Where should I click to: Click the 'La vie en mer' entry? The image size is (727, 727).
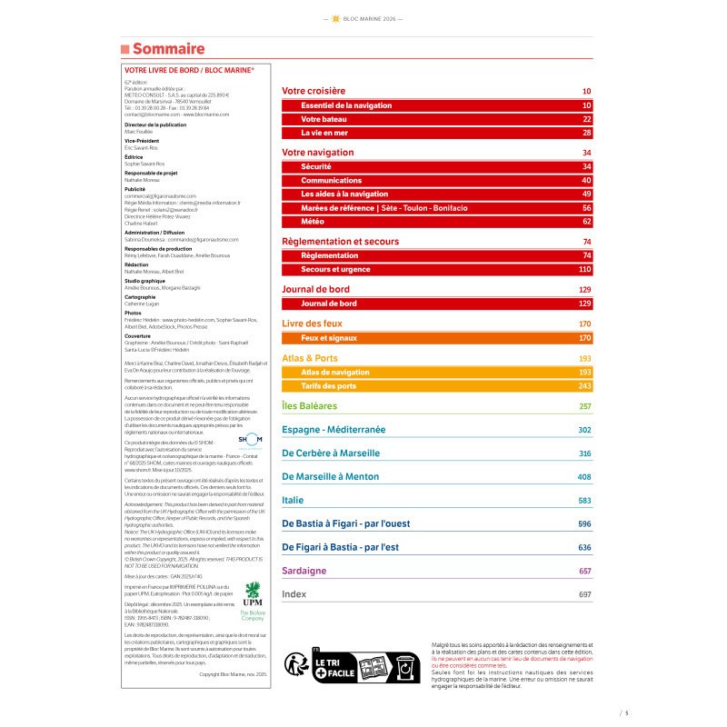pos(324,133)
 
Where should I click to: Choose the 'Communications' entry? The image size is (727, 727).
pos(331,181)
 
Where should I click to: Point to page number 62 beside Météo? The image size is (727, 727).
pos(587,221)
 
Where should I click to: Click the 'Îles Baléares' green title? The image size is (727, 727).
pos(310,406)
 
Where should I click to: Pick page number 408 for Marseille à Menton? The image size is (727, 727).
pos(584,477)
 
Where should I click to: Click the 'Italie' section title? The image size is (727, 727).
pos(294,500)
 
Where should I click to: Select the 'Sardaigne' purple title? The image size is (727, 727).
pos(304,571)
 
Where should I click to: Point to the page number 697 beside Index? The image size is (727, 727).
pos(584,594)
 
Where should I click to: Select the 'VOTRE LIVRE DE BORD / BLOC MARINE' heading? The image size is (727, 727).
pos(188,69)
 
